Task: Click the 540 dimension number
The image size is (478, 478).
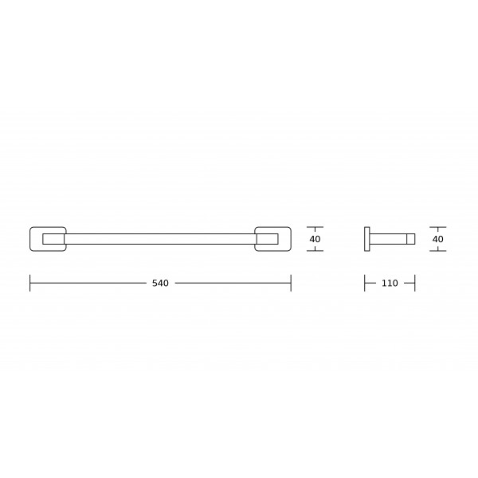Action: point(160,283)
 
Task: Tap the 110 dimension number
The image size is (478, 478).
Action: point(390,283)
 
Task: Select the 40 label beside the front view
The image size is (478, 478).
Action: point(315,239)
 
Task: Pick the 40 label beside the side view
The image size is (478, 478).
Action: point(437,239)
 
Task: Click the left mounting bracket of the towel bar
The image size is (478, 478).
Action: point(30,239)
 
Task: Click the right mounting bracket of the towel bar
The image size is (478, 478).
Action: point(290,239)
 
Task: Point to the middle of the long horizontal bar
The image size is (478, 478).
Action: point(160,234)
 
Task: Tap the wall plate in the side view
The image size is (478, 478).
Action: point(367,239)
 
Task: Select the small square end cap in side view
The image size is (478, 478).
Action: point(411,239)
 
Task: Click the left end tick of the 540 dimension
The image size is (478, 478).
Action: point(30,283)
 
